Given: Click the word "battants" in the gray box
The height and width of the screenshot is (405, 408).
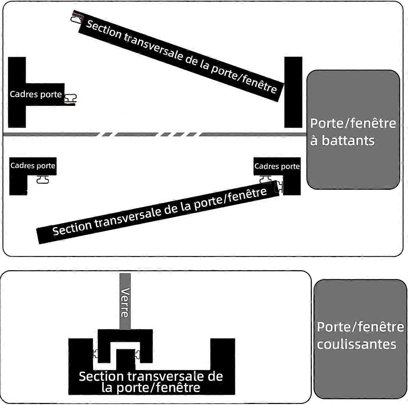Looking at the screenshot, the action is point(348,141).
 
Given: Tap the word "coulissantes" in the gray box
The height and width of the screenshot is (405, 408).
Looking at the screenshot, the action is point(356,344).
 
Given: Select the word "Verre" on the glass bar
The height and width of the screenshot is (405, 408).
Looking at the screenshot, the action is point(125,302).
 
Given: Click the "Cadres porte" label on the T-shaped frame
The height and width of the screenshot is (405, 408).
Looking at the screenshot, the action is point(36,94).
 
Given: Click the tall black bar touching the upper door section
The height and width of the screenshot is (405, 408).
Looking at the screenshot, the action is point(293,92).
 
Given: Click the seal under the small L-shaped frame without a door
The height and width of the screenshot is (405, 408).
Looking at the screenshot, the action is point(42,179).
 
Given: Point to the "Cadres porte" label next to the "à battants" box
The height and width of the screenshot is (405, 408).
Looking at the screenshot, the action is point(277,166).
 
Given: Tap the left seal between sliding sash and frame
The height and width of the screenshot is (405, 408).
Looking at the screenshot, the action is point(96,354).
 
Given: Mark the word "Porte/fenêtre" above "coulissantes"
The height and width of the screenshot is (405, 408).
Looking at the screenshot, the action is point(360,327).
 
